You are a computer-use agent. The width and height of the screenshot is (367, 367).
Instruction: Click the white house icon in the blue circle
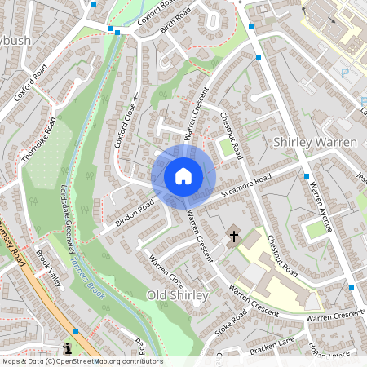click(x=183, y=176)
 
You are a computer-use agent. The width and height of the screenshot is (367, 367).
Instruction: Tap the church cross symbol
click(x=234, y=237)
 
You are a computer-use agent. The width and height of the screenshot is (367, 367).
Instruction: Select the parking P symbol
click(x=344, y=73)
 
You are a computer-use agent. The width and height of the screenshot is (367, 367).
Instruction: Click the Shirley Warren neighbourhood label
click(x=316, y=142)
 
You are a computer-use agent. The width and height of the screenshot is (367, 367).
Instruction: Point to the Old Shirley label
click(x=178, y=294)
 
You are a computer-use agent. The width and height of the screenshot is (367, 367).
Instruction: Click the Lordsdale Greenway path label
click(x=69, y=216)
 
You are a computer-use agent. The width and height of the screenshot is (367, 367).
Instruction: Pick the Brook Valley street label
click(x=48, y=268)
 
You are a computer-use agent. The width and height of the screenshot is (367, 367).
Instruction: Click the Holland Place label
click(x=329, y=352)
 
